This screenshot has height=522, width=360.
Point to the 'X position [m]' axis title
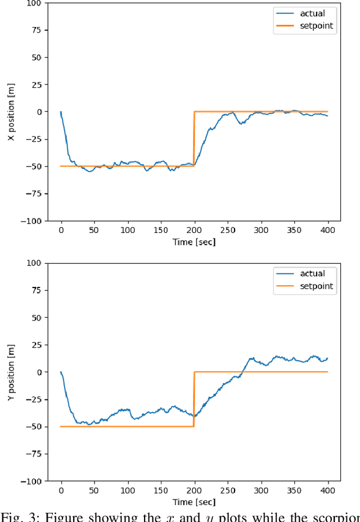(x=12, y=111)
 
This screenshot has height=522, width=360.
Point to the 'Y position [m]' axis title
(x=12, y=372)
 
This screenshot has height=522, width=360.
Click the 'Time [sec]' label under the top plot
(x=194, y=242)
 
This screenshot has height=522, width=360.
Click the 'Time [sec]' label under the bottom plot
(x=194, y=502)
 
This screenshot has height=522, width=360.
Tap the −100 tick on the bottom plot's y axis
(x=31, y=481)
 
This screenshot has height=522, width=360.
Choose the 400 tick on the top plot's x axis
(x=327, y=230)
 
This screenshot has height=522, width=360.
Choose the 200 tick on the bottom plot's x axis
(x=194, y=490)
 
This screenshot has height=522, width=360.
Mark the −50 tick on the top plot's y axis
(x=34, y=166)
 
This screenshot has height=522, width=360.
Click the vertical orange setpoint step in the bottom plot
(x=194, y=399)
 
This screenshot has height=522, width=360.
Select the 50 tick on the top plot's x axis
(x=94, y=230)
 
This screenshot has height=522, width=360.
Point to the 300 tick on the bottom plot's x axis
(x=261, y=490)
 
